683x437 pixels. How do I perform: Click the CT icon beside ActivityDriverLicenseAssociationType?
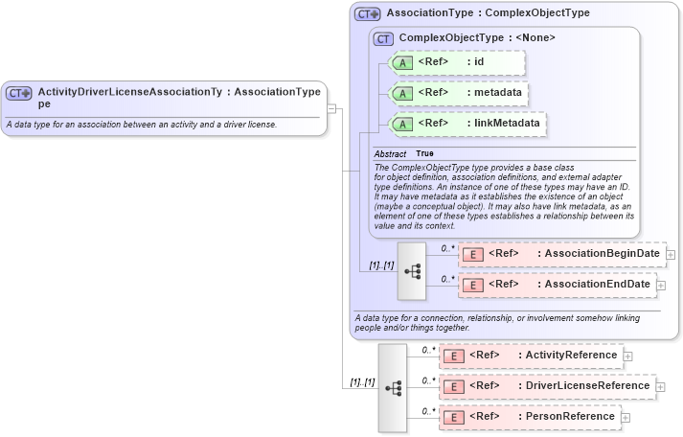coord(19,93)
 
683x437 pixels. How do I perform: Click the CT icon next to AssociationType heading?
coord(368,14)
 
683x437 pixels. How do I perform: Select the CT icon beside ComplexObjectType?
coord(383,38)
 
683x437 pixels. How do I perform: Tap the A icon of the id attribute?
coord(403,63)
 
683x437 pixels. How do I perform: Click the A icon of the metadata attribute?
coord(403,93)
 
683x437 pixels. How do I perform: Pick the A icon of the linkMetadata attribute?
coord(403,124)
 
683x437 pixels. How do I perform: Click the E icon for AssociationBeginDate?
coord(472,254)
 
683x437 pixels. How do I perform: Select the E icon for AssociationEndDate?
coord(472,285)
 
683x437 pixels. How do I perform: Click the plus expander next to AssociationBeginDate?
coord(671,255)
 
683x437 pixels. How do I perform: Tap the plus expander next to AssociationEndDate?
coord(661,286)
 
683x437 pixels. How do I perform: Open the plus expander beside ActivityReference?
coord(627,356)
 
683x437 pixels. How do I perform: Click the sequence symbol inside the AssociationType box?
coord(412,270)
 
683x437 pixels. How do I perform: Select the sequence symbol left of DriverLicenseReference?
coord(393,387)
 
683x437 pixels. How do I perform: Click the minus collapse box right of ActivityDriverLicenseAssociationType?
coord(331,107)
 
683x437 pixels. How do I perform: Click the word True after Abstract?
coord(424,153)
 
